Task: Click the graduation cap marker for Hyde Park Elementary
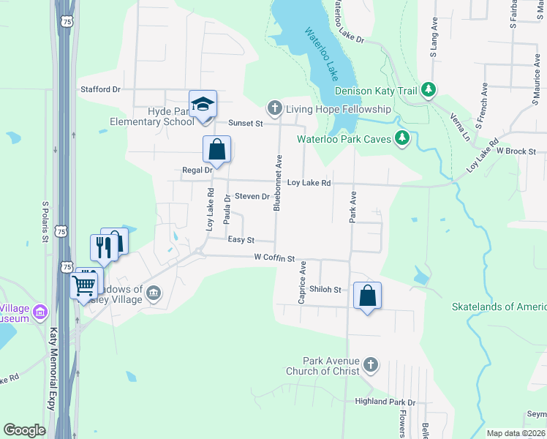203,105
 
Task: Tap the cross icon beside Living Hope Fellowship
275,109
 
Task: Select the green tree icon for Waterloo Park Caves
401,138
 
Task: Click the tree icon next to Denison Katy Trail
429,91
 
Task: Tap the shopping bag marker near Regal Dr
217,151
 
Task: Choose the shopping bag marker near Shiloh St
367,297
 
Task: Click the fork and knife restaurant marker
103,247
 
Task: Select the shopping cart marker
84,285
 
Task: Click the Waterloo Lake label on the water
322,55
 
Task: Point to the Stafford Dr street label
99,89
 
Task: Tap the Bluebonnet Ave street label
278,183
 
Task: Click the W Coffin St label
274,258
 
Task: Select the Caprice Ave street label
301,286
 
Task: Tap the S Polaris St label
45,222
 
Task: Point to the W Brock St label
521,151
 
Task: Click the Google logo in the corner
25,430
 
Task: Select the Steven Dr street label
252,197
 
